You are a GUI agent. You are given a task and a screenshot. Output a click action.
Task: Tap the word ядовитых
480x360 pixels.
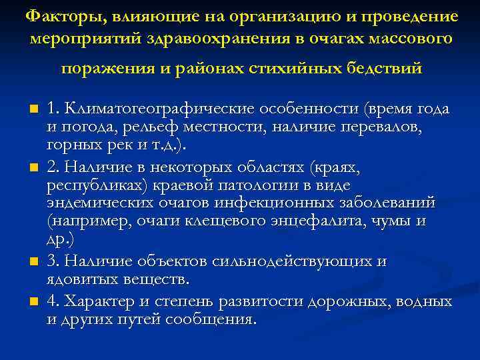80,277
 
